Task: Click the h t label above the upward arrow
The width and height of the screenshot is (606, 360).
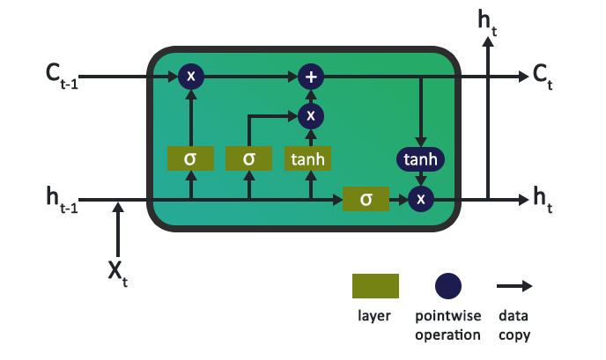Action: click(487, 21)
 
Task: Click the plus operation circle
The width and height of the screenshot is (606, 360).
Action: click(310, 77)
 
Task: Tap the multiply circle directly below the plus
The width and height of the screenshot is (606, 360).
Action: click(310, 114)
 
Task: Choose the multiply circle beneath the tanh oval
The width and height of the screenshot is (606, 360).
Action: click(421, 200)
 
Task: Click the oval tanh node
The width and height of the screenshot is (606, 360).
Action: click(421, 159)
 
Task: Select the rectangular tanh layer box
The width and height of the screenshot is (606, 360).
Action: click(310, 158)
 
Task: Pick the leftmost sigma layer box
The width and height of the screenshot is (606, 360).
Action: click(190, 158)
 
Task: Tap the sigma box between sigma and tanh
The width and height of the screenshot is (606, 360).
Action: click(249, 158)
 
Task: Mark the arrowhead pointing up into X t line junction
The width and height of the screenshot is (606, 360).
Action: click(118, 207)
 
